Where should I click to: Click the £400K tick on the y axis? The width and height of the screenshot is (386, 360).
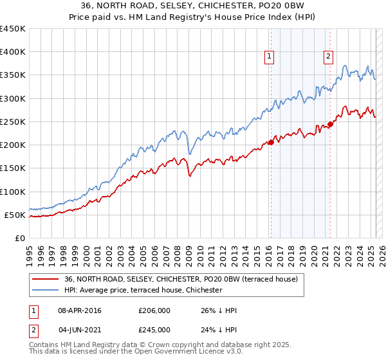click(x=13, y=52)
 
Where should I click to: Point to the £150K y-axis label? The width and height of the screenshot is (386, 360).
click(x=13, y=168)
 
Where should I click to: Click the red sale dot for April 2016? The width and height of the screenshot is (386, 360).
click(x=271, y=143)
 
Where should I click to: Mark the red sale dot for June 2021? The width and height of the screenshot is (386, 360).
click(x=330, y=124)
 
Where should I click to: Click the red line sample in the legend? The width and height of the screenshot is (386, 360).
click(x=46, y=280)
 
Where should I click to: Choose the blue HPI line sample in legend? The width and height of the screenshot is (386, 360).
click(x=46, y=291)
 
